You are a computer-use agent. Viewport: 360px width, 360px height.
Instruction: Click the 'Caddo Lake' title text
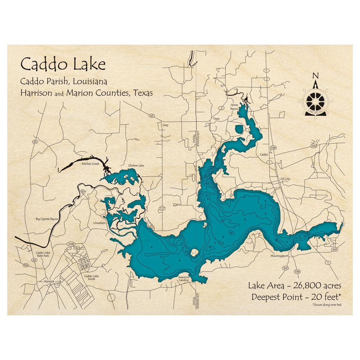63,64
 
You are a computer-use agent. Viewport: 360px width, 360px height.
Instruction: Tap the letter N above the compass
315,76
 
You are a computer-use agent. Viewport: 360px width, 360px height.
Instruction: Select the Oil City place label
285,179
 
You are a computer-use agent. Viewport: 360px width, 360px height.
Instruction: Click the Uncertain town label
99,223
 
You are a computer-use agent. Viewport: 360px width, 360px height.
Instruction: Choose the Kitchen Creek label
90,164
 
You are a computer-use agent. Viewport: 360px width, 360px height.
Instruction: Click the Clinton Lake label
136,166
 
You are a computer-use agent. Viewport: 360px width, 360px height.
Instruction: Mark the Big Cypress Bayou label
47,219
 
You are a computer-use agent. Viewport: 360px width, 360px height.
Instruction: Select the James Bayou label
234,107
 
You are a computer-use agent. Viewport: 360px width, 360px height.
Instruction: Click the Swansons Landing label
184,279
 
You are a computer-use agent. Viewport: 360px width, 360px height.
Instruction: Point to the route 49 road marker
152,116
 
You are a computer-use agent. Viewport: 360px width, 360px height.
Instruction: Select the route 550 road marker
313,146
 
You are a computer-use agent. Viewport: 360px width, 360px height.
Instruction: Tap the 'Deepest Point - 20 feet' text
295,297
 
